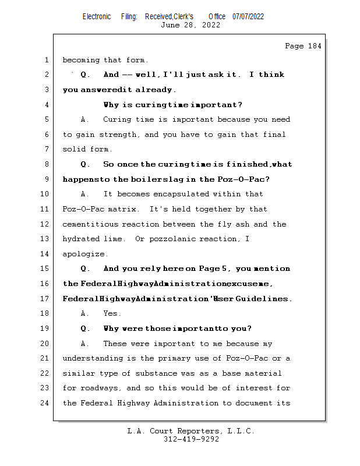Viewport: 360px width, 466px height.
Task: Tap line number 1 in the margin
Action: click(x=46, y=60)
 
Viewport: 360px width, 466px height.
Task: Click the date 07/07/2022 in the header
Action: click(x=248, y=16)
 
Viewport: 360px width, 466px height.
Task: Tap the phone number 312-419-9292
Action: click(x=191, y=440)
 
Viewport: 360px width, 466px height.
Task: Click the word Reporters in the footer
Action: click(x=194, y=432)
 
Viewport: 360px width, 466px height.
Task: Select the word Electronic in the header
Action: click(x=97, y=16)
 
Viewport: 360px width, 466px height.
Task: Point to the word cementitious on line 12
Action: click(x=90, y=224)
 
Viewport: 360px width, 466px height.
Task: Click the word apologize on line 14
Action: click(x=85, y=254)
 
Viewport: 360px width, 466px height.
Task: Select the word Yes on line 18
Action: click(x=112, y=313)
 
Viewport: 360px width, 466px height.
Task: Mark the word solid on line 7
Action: click(x=74, y=150)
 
